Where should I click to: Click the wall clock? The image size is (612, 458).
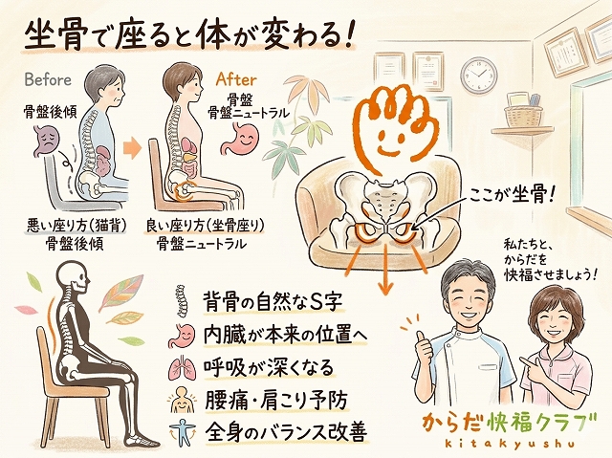(x=479, y=75)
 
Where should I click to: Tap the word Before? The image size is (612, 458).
(x=48, y=80)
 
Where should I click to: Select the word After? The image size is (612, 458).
(x=236, y=79)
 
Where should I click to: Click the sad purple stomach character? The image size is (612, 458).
(x=46, y=141)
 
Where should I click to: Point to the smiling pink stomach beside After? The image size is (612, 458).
(x=240, y=140)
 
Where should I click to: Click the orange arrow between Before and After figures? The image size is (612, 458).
(x=132, y=148)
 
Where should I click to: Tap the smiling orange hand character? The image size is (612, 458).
(x=392, y=126)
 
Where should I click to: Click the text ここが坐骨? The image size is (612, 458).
(x=512, y=194)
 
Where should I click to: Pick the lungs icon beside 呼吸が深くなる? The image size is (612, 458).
(x=181, y=368)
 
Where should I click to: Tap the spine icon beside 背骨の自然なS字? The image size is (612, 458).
(x=181, y=300)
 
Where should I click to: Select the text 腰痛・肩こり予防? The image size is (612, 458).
(x=275, y=400)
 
